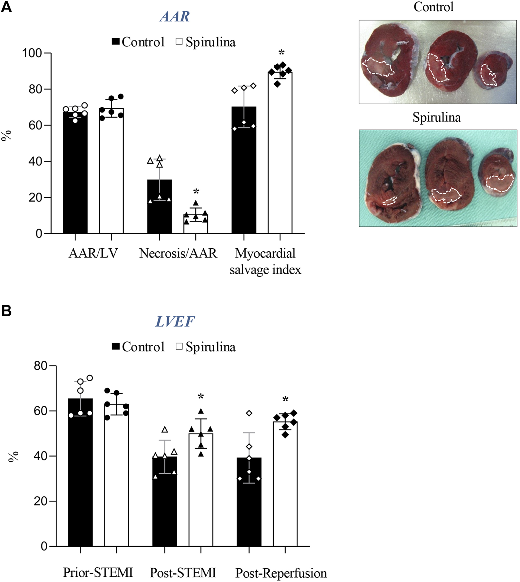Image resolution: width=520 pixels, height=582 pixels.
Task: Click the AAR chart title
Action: click(175, 17)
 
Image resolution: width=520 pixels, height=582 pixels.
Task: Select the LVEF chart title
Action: click(175, 321)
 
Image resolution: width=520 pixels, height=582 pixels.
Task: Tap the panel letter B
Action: click(6, 311)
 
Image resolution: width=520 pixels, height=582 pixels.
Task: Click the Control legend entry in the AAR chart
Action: click(138, 42)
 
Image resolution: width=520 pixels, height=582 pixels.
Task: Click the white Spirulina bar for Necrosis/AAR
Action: click(196, 225)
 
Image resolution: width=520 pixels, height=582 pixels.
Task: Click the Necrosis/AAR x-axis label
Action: click(178, 254)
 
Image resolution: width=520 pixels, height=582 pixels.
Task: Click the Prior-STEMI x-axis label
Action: click(98, 572)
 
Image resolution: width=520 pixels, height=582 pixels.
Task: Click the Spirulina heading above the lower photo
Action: click(437, 117)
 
